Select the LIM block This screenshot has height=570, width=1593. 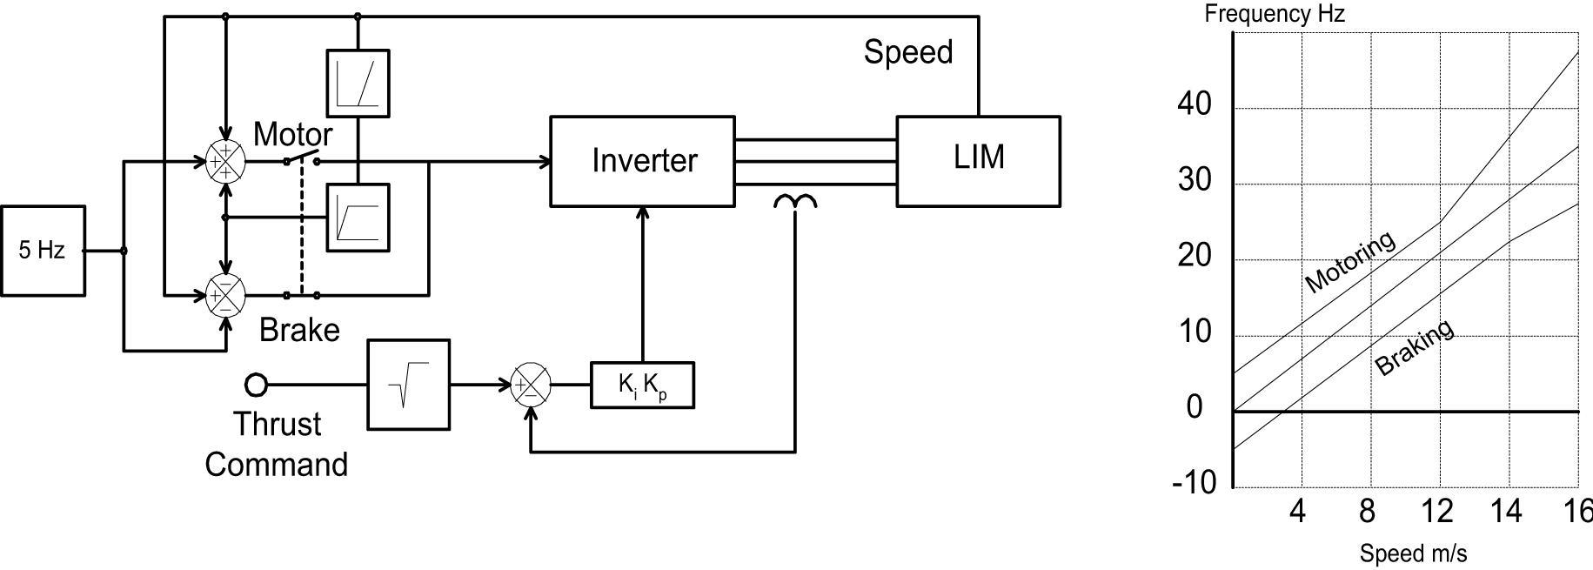click(978, 161)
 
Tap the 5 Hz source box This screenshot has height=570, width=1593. click(43, 251)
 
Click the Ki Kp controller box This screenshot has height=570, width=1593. click(642, 385)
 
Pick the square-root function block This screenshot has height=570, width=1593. click(409, 385)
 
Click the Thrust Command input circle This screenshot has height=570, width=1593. click(256, 384)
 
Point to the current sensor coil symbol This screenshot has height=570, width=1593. click(795, 203)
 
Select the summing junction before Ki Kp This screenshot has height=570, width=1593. click(530, 385)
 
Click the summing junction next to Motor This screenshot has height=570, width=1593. click(225, 161)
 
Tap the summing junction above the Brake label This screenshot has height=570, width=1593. click(225, 295)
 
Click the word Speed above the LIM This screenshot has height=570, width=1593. click(907, 52)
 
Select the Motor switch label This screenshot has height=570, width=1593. click(292, 134)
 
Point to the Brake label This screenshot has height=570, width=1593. click(299, 330)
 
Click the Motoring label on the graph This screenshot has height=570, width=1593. click(1349, 261)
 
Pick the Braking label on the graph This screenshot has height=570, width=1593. click(1414, 347)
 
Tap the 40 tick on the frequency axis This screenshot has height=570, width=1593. click(1194, 104)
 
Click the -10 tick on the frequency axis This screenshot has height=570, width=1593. click(1194, 482)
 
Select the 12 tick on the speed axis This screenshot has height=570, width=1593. click(1437, 511)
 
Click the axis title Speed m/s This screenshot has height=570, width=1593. click(1413, 553)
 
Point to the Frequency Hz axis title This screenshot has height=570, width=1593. click(1275, 14)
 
